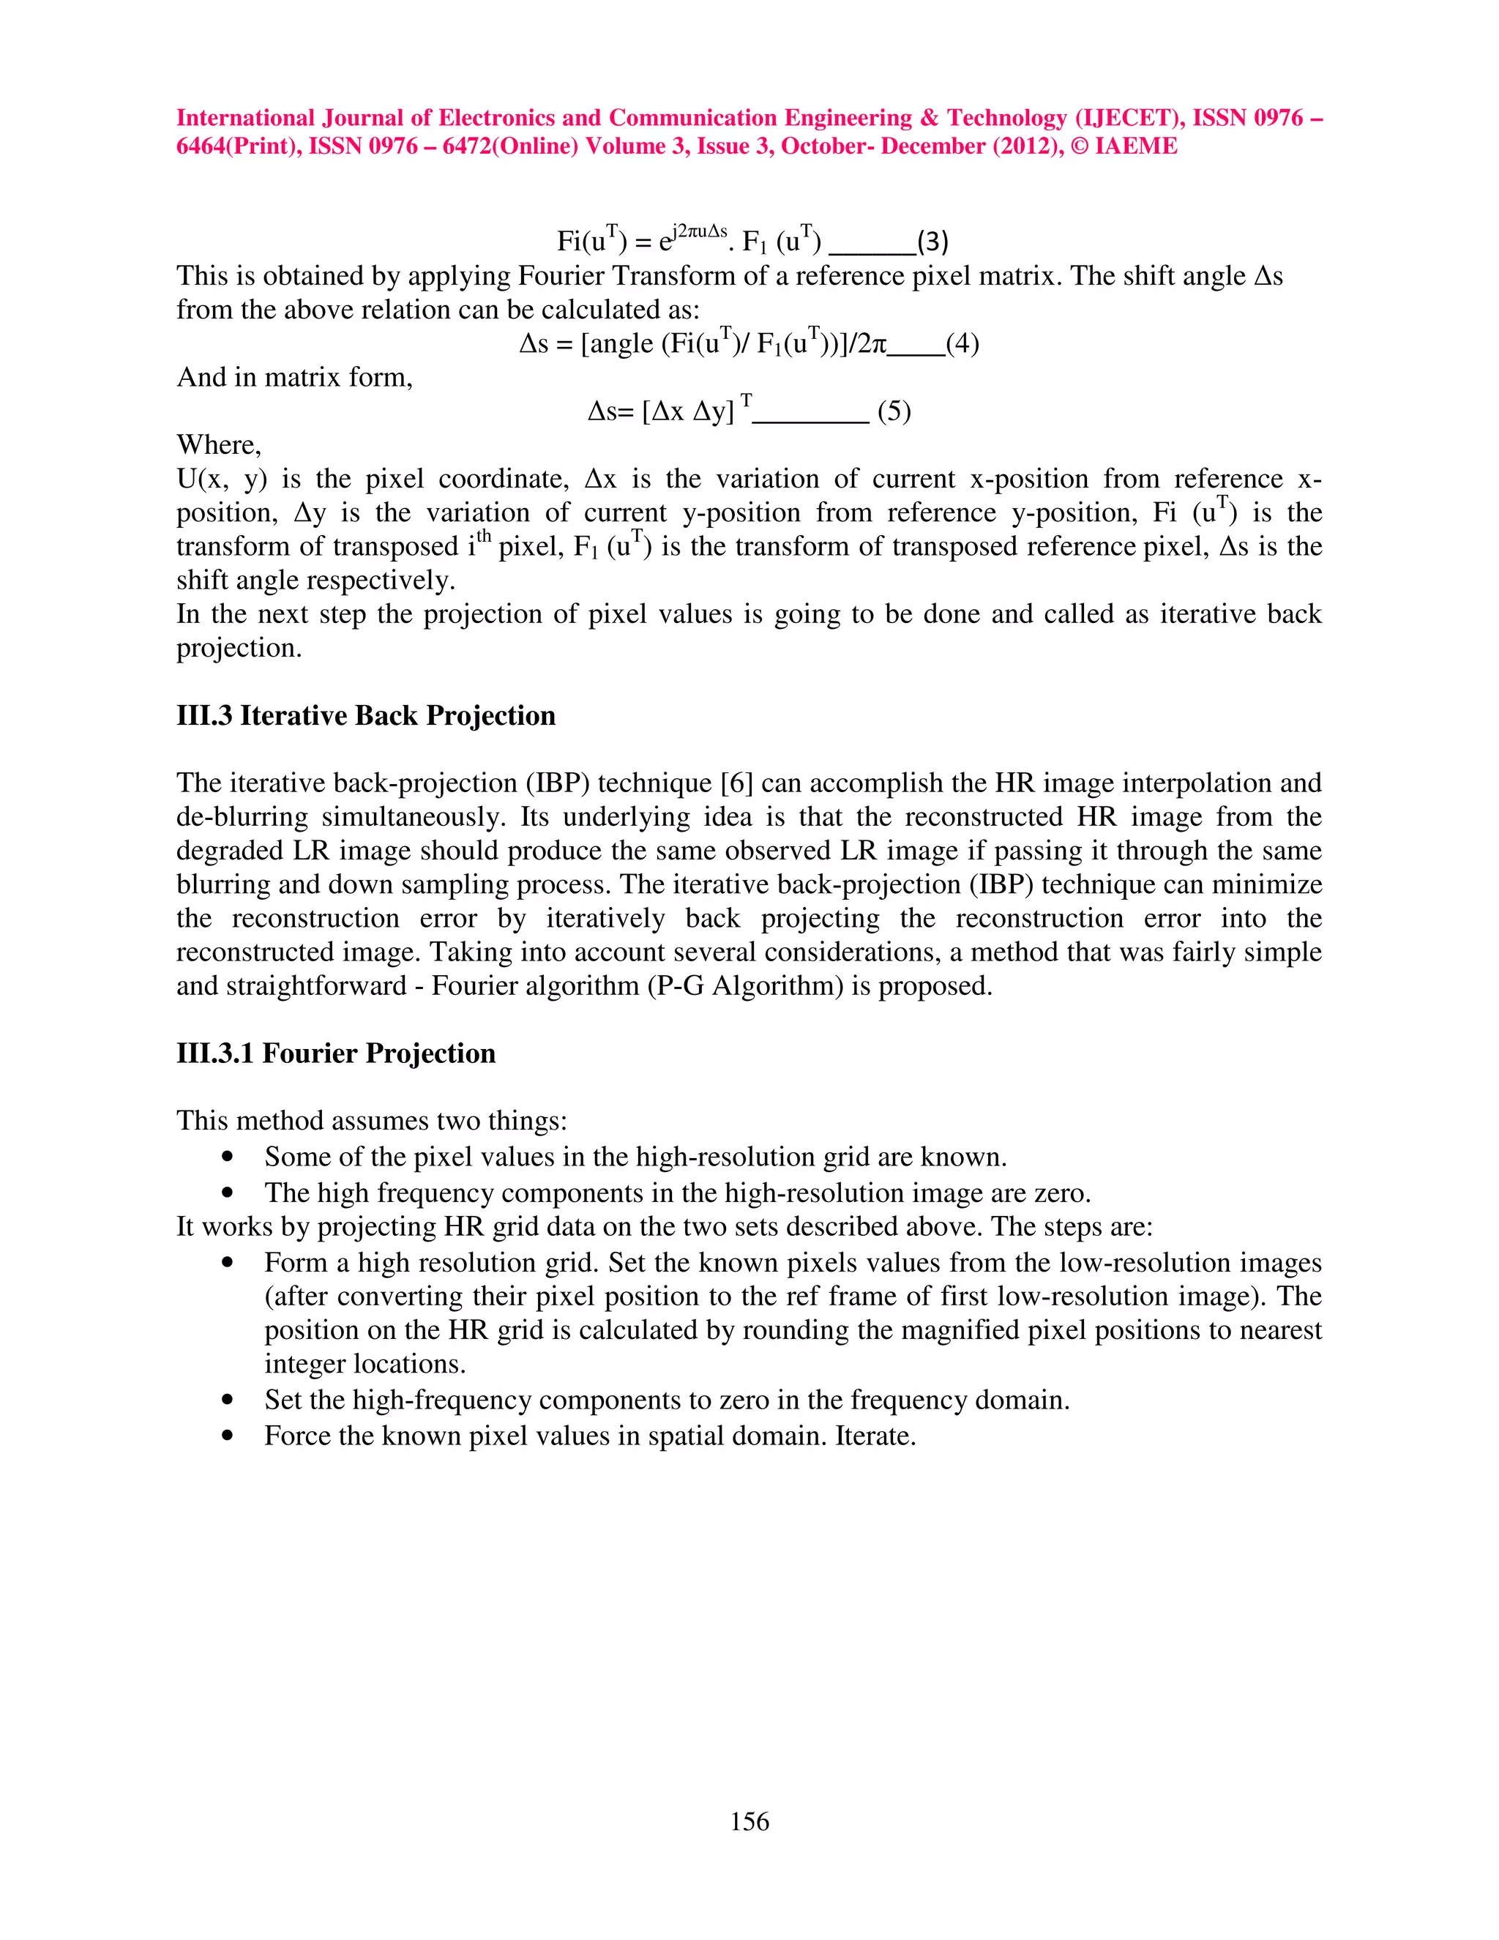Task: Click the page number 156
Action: click(749, 1821)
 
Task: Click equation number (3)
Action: click(932, 241)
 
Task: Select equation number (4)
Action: click(962, 344)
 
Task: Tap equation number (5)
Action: click(894, 411)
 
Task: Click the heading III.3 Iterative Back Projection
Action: click(365, 715)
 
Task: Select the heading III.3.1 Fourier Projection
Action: click(336, 1053)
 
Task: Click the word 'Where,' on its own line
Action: click(218, 445)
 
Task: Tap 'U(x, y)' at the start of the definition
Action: click(221, 480)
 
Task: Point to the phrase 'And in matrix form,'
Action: click(294, 378)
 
